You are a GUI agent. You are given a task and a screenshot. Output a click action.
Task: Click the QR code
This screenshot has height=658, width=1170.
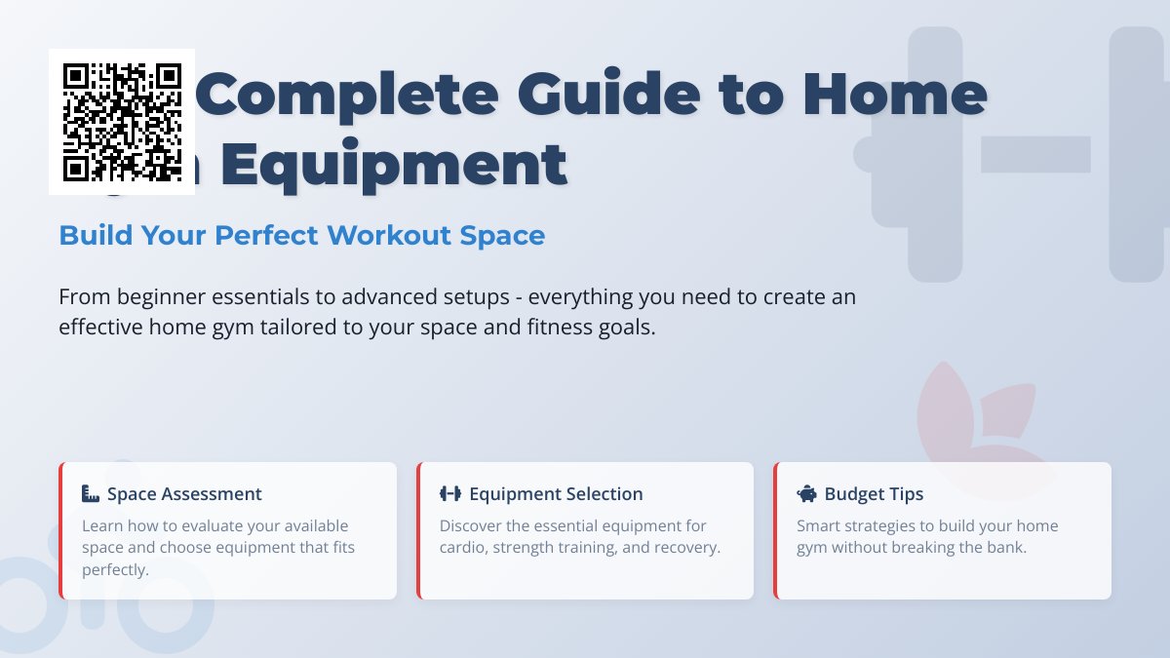click(x=122, y=122)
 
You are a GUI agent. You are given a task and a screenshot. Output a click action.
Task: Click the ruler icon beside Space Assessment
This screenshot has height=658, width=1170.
click(x=92, y=494)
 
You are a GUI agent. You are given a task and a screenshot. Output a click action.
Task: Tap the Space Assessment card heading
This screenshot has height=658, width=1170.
click(x=184, y=494)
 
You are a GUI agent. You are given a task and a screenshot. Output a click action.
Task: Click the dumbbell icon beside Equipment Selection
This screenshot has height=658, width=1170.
click(x=449, y=494)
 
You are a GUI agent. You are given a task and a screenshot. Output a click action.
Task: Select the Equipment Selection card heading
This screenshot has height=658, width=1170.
click(x=556, y=494)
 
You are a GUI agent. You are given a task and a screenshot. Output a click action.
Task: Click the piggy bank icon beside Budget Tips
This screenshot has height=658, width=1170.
click(x=806, y=494)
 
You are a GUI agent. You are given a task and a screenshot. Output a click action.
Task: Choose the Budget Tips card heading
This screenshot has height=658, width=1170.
click(x=874, y=494)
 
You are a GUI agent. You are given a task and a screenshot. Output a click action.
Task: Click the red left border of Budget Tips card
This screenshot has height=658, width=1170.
click(x=776, y=530)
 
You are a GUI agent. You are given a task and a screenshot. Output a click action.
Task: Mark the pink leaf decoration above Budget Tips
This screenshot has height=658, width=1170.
click(x=955, y=409)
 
